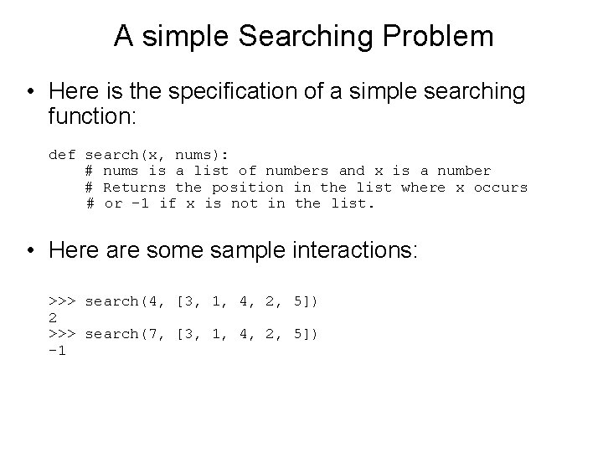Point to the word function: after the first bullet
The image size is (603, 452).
(88, 116)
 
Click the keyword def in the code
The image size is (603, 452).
(63, 154)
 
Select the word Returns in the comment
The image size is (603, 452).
(134, 187)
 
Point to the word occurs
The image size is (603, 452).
(501, 187)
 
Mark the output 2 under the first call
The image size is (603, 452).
(54, 317)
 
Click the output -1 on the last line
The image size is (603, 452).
(58, 351)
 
